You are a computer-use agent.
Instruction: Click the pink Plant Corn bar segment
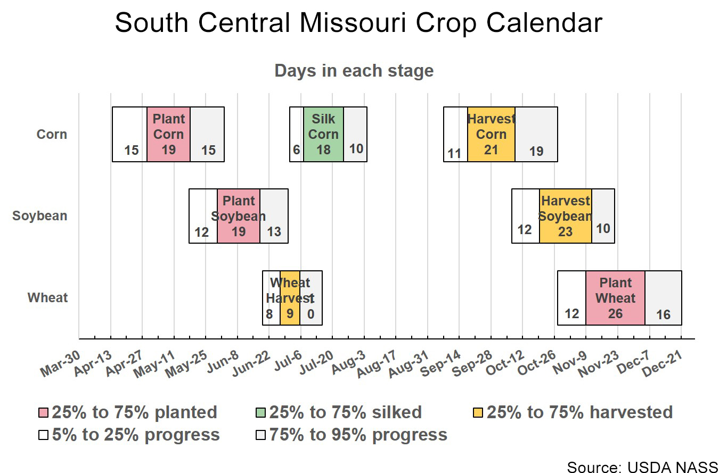coord(168,134)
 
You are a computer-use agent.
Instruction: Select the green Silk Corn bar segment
coord(323,134)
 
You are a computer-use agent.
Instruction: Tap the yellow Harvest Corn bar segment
coord(491,134)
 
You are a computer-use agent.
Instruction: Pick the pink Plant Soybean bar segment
coord(238,216)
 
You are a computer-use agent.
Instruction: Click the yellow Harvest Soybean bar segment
coord(565,216)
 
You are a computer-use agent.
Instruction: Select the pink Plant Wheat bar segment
coord(615,298)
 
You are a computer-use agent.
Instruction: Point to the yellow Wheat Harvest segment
coord(290,298)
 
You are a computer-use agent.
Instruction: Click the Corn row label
coord(52,134)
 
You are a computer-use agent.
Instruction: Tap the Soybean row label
coord(40,216)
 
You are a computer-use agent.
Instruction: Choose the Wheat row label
coord(48,298)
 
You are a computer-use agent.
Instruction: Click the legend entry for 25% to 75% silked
coord(345,412)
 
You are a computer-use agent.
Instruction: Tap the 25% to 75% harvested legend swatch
coord(478,412)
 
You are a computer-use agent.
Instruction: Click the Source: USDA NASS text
coord(642,466)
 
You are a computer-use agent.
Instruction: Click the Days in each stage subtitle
coord(354,71)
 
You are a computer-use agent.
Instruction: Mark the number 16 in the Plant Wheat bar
coord(663,315)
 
